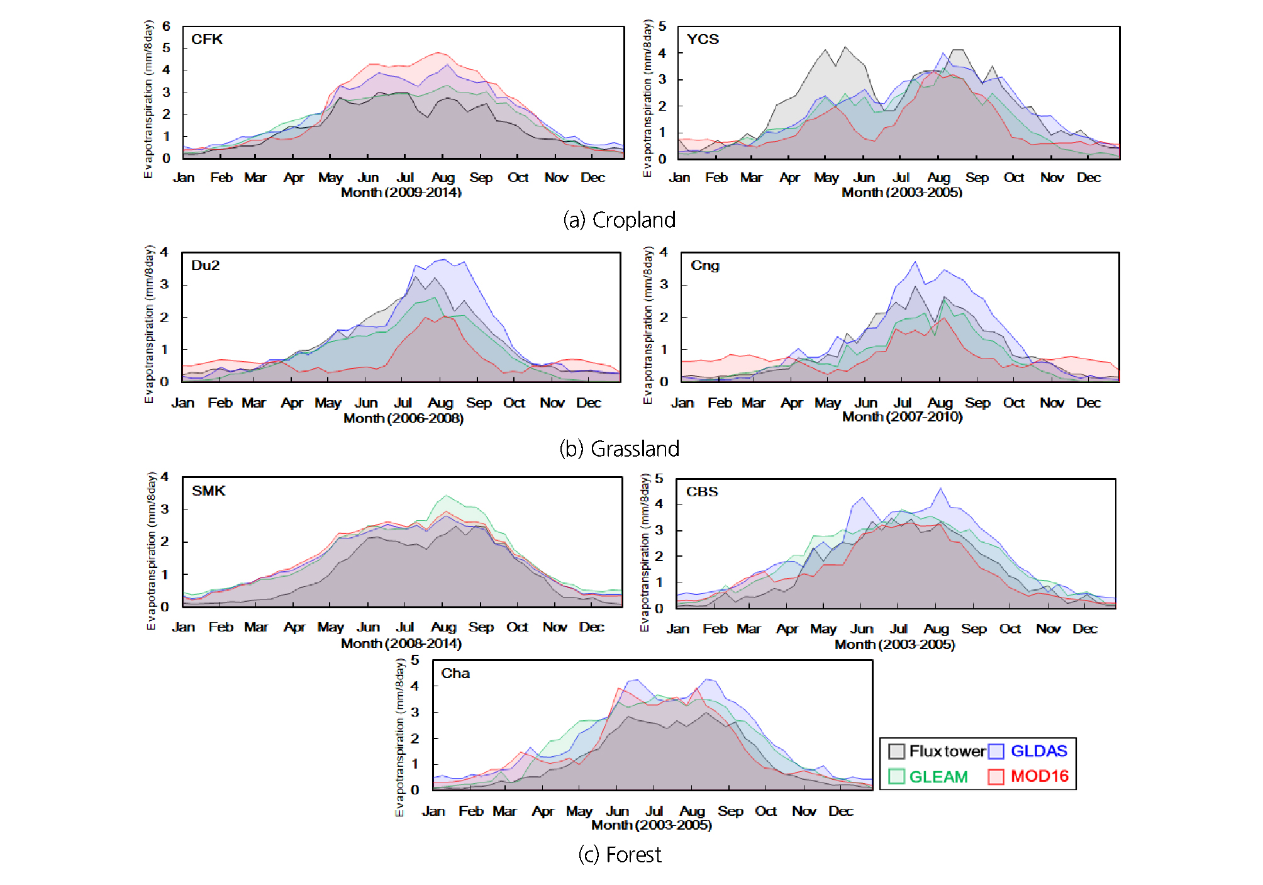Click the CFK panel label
pos(207,39)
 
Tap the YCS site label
pos(703,39)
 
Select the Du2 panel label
pos(206,265)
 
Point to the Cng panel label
pos(704,265)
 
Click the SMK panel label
pos(208,491)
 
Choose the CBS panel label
pos(702,492)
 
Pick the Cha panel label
pos(455,673)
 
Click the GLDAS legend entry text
pos(1039,751)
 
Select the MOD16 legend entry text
pos(1040,776)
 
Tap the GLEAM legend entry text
pos(938,777)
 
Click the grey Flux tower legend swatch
pos(896,751)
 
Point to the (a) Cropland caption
pos(620,220)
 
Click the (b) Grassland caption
pos(620,448)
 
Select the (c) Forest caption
pos(620,855)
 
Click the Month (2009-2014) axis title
pos(401,192)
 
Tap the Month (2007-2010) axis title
pos(903,416)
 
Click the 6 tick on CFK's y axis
pos(166,26)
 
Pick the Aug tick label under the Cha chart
pos(692,811)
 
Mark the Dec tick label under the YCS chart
pos(1089,177)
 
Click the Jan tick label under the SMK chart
pos(183,627)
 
